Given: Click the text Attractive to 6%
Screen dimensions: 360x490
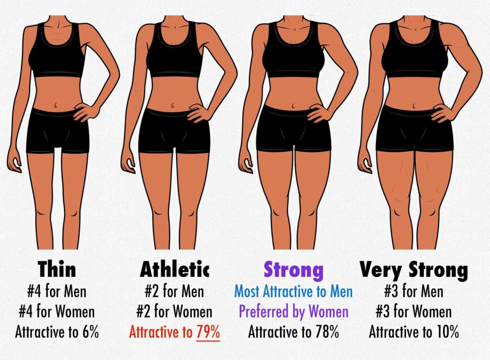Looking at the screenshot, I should (57, 332).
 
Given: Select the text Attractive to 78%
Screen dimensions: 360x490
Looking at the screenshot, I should (293, 332).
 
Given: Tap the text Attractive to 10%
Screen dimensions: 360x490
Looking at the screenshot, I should (413, 332).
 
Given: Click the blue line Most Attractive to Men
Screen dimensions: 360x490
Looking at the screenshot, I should (293, 291).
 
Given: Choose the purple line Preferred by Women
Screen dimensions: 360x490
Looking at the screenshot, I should (293, 312).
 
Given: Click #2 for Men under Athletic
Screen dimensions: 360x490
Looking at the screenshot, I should (175, 291).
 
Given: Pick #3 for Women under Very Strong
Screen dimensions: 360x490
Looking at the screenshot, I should (413, 312).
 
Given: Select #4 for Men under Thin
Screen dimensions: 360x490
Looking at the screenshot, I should (57, 291).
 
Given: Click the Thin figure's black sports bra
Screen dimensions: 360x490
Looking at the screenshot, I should (56, 55).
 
